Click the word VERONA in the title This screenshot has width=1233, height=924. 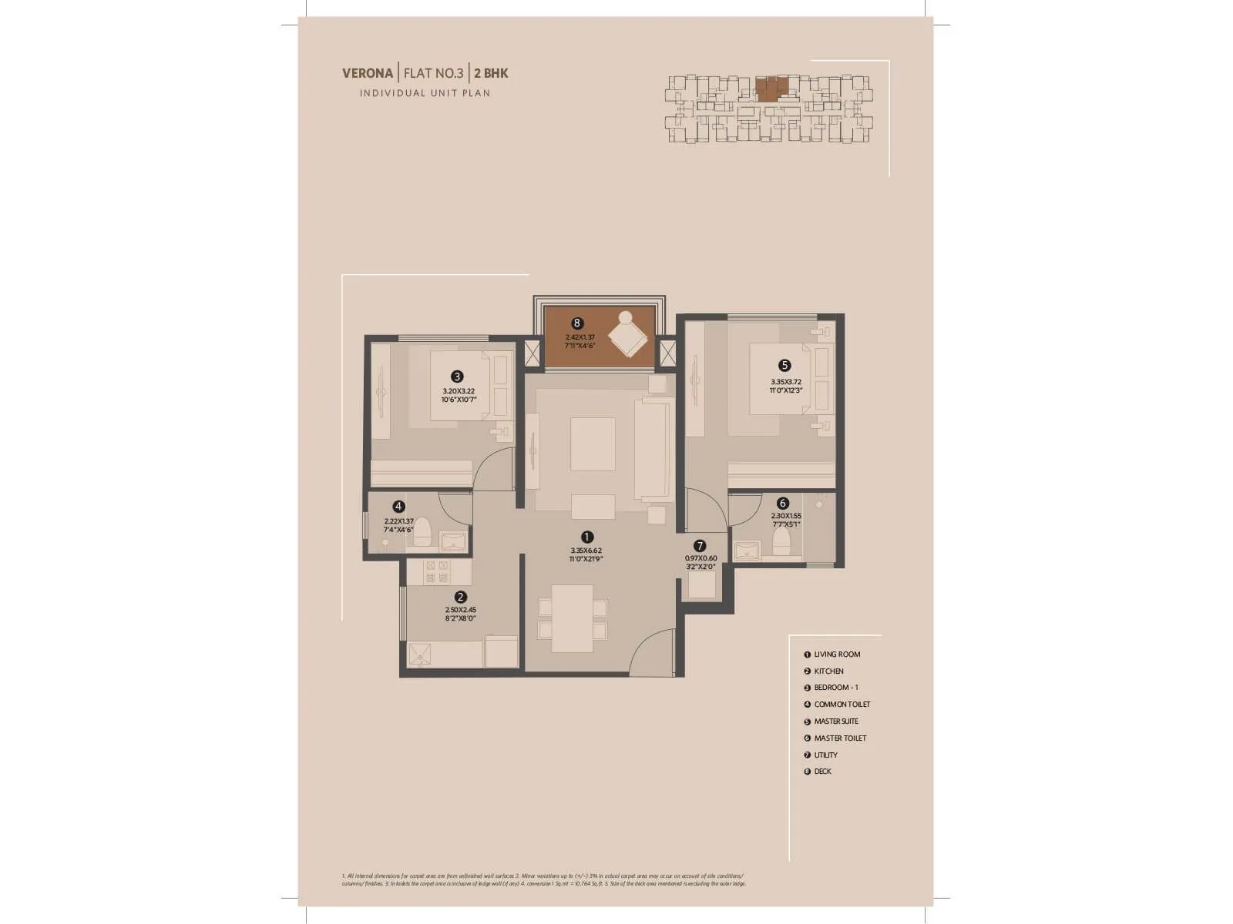(x=368, y=74)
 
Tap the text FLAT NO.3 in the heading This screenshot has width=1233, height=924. (x=434, y=74)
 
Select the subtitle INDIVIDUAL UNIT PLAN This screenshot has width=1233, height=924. (x=425, y=93)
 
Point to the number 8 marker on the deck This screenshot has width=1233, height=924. (x=576, y=323)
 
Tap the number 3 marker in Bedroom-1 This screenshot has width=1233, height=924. (x=458, y=377)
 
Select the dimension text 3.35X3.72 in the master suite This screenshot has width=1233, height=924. (x=785, y=381)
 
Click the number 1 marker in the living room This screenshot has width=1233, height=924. (x=586, y=537)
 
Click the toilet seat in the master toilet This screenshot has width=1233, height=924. (x=781, y=541)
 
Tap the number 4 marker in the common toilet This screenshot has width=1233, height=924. (x=398, y=507)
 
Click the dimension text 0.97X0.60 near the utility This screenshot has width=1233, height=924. (x=700, y=558)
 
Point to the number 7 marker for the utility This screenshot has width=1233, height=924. (x=700, y=546)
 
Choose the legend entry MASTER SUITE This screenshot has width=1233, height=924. (x=835, y=721)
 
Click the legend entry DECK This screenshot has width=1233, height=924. (x=822, y=772)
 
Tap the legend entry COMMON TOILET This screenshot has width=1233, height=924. (x=842, y=705)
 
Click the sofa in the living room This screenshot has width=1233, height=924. (x=653, y=450)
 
